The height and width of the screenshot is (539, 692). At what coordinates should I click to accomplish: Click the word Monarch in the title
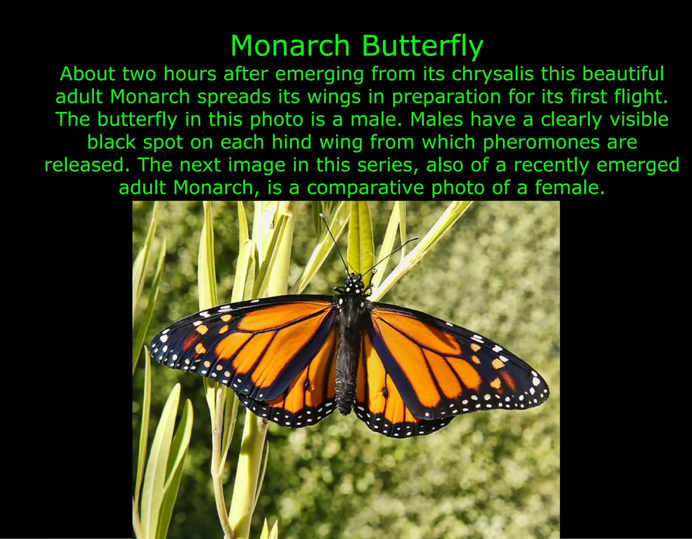(290, 46)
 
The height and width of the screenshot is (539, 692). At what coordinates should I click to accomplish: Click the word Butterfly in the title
(422, 46)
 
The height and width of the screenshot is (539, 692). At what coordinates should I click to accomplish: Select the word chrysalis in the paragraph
(492, 74)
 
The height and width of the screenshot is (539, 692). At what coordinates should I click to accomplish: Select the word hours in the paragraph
(190, 74)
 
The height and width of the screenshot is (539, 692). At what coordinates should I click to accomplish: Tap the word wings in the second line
(334, 97)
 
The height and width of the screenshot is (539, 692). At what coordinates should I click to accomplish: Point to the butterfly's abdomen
(345, 378)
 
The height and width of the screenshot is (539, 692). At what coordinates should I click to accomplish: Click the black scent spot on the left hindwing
(307, 383)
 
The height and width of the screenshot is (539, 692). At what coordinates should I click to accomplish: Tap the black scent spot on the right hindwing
(385, 392)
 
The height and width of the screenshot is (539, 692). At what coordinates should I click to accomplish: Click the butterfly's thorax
(351, 314)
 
